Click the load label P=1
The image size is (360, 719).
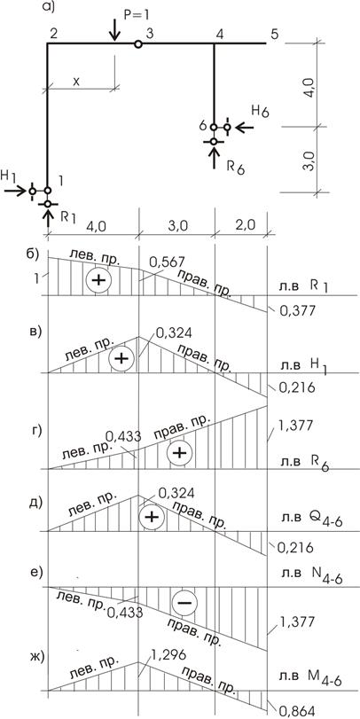click(137, 15)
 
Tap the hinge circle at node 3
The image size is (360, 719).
click(138, 44)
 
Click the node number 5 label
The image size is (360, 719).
click(273, 34)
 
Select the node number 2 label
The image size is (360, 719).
click(53, 34)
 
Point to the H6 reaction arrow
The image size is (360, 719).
click(244, 127)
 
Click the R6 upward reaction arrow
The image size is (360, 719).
click(215, 158)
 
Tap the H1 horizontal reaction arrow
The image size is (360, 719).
click(15, 191)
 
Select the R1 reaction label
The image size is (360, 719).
click(67, 217)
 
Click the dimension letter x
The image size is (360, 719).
click(76, 81)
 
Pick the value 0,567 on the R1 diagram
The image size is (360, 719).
click(168, 262)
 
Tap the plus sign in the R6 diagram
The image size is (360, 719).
click(179, 453)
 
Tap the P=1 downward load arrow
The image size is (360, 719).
click(114, 30)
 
